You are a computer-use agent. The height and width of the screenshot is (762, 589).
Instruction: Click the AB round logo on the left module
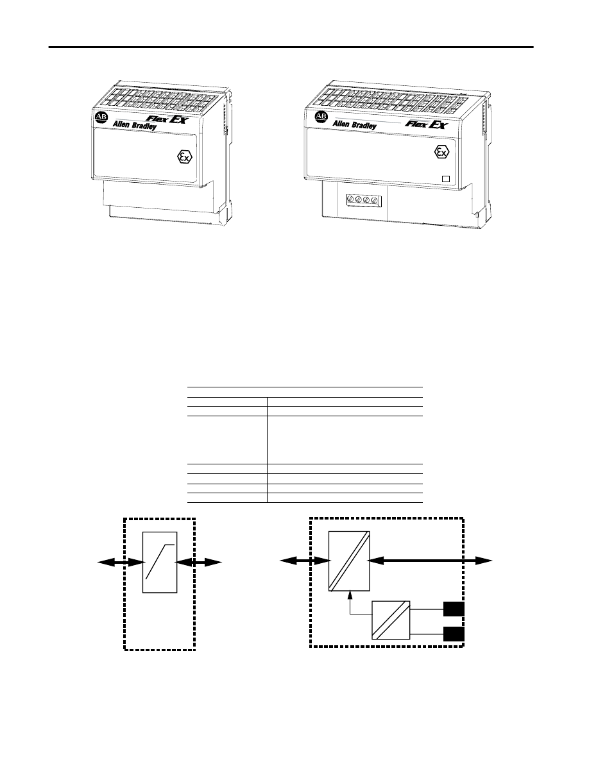coord(101,118)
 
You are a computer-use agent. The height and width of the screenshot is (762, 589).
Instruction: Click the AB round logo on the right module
coord(321,117)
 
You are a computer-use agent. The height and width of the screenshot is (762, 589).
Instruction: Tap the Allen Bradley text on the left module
coord(135,125)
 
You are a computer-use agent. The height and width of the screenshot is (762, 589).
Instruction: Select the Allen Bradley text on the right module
coord(354,125)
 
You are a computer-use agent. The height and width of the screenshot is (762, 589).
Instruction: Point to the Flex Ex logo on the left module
coord(166,118)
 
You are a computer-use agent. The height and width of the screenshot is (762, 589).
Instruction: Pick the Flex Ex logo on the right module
coord(427,124)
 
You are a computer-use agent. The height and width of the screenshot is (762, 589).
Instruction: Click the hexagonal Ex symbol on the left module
coord(184,157)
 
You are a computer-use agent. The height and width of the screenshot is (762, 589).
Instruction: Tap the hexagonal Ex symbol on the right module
coord(441,153)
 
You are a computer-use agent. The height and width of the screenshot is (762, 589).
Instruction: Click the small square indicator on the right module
coord(446,178)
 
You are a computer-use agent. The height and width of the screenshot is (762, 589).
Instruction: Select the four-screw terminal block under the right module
coord(362,199)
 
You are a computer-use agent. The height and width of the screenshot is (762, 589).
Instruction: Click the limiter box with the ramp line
coord(160,563)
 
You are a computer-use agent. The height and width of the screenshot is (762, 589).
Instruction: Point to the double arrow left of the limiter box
coord(121,563)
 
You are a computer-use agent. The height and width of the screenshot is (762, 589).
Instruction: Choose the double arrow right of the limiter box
coord(199,563)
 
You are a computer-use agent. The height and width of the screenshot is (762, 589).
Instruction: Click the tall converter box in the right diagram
coord(349,561)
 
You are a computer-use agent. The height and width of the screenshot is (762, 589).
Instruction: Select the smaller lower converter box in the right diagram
coord(391,620)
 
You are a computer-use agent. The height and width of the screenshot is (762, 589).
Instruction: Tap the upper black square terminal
coord(454,609)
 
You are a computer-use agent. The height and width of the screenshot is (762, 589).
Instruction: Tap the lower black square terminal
coord(454,634)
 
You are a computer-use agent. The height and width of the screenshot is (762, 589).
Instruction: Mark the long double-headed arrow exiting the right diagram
coord(430,561)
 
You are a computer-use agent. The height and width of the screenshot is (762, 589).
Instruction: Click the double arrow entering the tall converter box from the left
coord(305,561)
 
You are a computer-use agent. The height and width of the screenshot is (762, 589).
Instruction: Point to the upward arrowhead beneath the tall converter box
coord(350,593)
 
